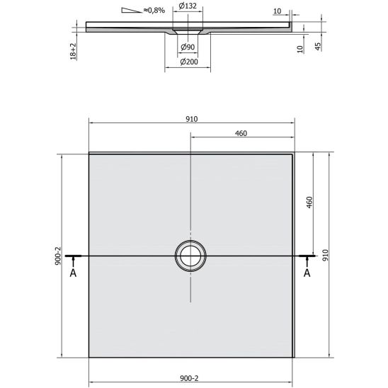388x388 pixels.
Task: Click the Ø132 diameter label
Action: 188,6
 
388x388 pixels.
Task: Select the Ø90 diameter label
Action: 188,47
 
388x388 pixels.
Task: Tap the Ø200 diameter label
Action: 189,62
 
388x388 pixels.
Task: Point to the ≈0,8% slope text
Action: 154,10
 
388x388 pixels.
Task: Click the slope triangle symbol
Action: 132,10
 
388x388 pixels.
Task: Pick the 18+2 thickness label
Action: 74,51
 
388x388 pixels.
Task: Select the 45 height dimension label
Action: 318,47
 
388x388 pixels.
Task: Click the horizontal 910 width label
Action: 192,119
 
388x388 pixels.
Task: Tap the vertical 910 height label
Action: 325,255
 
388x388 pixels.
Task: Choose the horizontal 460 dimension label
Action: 241,133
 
